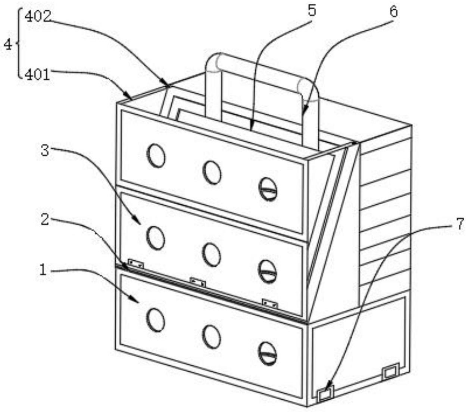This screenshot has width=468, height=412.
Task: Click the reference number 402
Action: click(38, 17)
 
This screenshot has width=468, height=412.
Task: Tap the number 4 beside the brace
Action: click(8, 44)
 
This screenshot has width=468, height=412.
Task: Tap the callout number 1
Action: click(43, 270)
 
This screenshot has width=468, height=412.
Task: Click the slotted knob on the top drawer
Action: click(268, 189)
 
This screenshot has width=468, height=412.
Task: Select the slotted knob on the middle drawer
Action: click(268, 272)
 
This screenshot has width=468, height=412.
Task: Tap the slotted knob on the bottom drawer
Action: click(268, 354)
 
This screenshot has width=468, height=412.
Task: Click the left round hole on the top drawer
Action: click(156, 156)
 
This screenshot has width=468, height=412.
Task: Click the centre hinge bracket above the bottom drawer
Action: click(197, 282)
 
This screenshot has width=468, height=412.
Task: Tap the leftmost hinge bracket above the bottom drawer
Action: click(136, 264)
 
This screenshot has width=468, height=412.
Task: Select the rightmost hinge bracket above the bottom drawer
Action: click(270, 304)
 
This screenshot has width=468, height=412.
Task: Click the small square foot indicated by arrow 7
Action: click(325, 393)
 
